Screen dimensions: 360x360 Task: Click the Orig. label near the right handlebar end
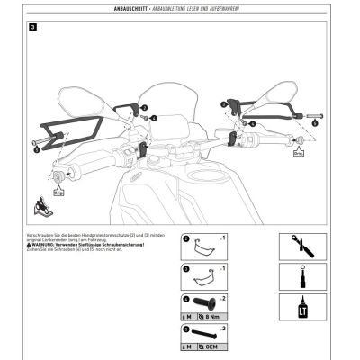(298, 153)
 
